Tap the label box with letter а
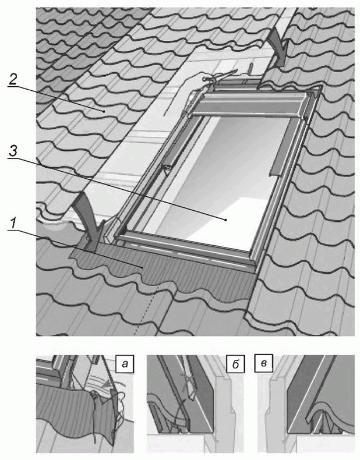coord(125,364)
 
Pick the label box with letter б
coord(235,364)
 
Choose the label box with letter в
coord(264,364)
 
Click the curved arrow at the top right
coord(279,47)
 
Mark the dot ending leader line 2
coord(104,111)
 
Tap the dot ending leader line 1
coord(143,267)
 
